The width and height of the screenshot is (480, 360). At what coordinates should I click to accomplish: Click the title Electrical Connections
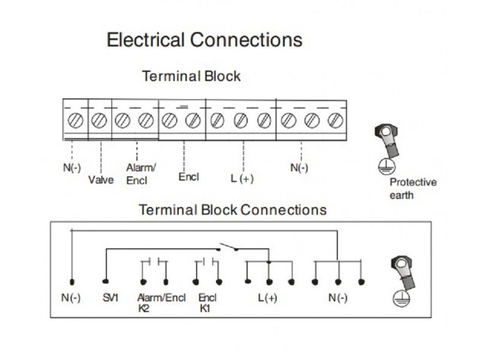(204, 40)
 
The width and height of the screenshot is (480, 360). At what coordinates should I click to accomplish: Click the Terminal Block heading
(191, 76)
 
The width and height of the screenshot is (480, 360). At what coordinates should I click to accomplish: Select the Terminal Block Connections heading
(233, 210)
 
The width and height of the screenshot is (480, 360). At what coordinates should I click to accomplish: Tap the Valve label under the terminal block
(101, 179)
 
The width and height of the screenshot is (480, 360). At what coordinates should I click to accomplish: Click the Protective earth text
(413, 188)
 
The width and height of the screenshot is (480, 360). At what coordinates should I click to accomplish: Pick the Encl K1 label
(207, 302)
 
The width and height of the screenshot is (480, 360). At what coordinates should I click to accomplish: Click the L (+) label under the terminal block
(242, 178)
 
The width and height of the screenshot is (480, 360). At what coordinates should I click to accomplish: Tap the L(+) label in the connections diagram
(268, 298)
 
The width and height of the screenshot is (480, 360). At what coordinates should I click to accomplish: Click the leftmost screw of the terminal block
(76, 121)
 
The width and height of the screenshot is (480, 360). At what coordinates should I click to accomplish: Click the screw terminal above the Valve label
(99, 121)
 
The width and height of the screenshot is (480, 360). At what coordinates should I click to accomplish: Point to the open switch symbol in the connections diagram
(229, 247)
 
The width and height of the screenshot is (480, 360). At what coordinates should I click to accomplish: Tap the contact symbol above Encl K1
(208, 262)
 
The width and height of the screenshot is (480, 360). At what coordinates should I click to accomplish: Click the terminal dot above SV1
(106, 281)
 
